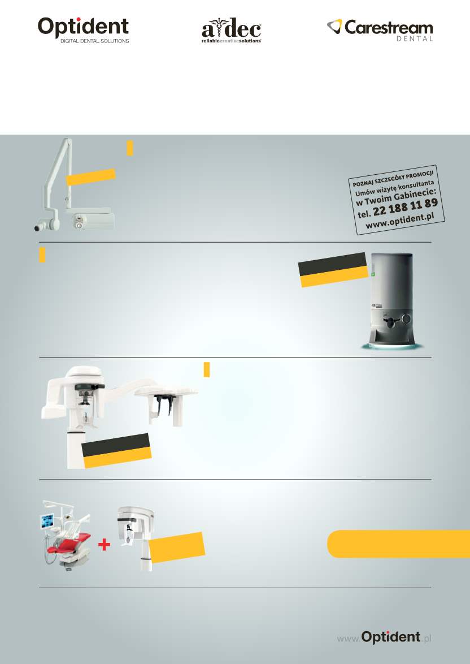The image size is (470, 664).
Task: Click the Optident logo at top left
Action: pos(84,29)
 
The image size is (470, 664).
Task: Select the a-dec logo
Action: pos(232,31)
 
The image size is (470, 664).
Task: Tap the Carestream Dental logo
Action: pos(380,29)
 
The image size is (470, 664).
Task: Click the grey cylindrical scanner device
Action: pos(391,301)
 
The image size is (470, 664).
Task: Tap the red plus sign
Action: pos(104,545)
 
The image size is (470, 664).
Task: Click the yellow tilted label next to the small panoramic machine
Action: pos(177,547)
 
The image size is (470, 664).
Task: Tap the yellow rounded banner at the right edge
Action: pos(398,544)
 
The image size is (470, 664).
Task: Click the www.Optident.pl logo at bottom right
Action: pos(384,637)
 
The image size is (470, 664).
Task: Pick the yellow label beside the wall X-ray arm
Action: pos(91,177)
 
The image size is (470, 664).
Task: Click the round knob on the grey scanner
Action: pos(407,318)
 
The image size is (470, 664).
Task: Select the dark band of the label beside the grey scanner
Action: pos(333,264)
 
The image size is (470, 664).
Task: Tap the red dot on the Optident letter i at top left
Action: pos(79,20)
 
